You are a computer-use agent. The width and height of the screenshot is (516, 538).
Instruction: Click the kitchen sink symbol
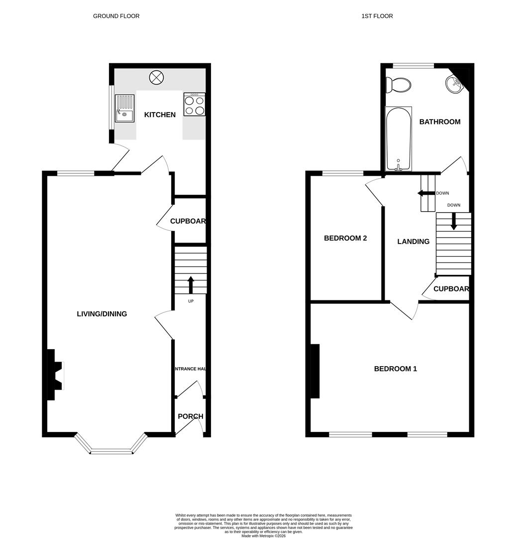125,109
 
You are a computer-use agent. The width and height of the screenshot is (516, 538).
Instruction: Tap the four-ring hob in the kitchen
194,105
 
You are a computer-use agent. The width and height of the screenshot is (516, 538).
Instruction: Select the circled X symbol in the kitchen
157,77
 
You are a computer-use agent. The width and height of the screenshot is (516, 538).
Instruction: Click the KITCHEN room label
160,115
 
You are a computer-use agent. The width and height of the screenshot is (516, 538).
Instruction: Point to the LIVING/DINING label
102,314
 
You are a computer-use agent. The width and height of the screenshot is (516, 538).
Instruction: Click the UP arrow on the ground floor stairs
191,285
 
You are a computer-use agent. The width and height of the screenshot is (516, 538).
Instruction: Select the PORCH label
191,416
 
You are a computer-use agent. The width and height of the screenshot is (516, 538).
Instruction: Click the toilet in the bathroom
399,85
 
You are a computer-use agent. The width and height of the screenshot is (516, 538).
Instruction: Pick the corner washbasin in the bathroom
455,84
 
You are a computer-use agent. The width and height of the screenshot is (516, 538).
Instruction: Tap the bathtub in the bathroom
398,138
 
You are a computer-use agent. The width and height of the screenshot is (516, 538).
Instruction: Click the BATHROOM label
439,122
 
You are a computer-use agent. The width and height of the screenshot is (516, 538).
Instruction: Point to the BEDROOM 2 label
345,238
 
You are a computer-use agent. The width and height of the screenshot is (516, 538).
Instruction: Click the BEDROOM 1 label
396,369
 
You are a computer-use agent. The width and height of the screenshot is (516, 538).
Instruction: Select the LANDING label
413,242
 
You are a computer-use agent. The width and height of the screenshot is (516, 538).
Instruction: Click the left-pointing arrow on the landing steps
426,193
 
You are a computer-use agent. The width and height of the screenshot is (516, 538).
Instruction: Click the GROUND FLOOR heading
116,16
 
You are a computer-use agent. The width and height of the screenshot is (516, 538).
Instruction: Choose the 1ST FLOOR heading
377,16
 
